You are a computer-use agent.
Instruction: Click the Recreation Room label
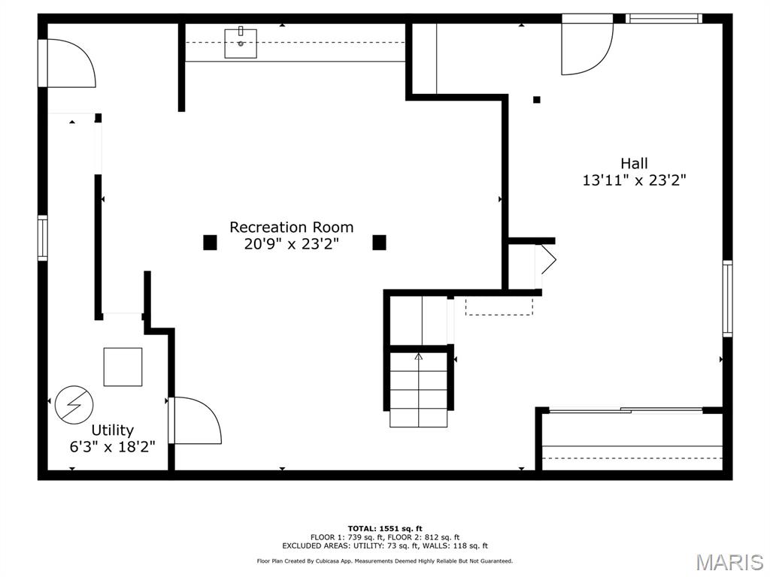(x=291, y=227)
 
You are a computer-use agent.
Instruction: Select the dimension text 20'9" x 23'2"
(x=291, y=244)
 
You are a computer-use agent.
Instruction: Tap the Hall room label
(x=634, y=163)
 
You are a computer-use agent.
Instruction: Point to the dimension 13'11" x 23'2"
(x=634, y=180)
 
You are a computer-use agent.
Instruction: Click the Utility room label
(x=112, y=430)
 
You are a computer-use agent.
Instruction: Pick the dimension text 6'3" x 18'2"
(x=112, y=447)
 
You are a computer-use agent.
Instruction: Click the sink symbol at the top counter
(x=241, y=43)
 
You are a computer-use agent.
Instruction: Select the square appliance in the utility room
(x=123, y=367)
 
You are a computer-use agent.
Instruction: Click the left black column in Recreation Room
(x=210, y=242)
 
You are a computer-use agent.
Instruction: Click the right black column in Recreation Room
(x=379, y=242)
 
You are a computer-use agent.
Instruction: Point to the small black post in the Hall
(x=536, y=99)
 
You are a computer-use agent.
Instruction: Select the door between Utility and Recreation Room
(x=196, y=421)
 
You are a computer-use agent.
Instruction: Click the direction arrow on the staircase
(x=419, y=357)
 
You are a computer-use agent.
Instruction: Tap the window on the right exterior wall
(x=727, y=298)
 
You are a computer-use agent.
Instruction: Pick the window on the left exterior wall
(x=43, y=237)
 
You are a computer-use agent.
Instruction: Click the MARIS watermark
(x=729, y=562)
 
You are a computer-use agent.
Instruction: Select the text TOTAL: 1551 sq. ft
(x=384, y=528)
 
